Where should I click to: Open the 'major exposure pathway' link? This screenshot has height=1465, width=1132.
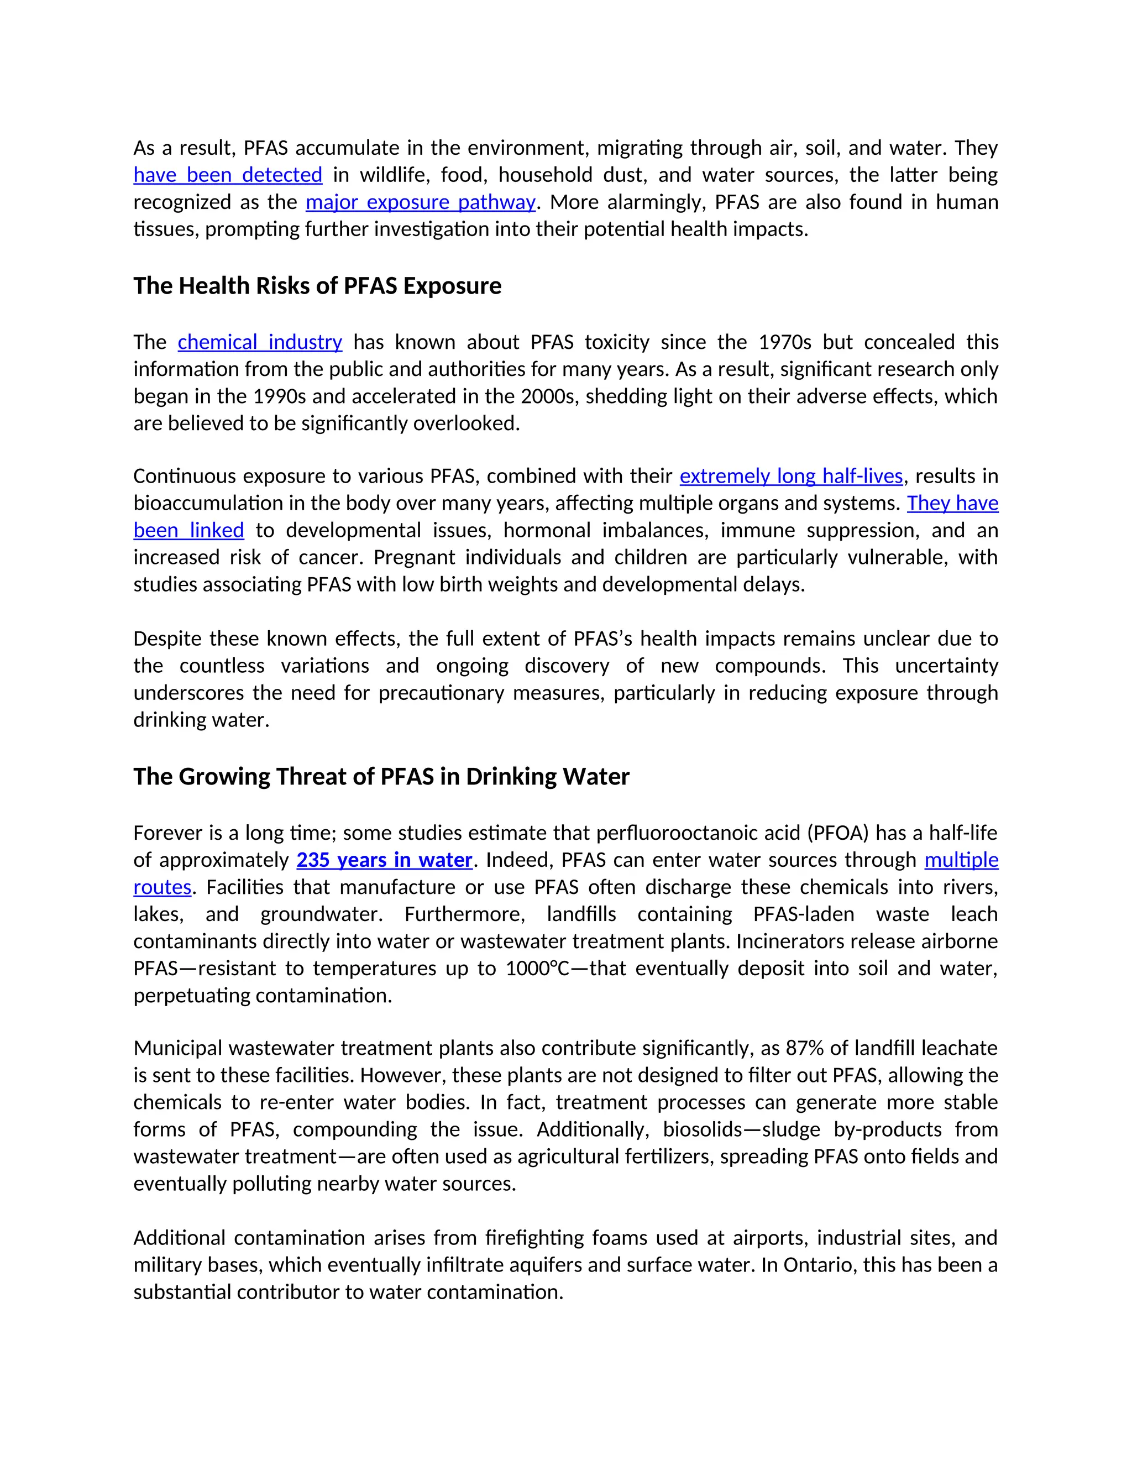pyautogui.click(x=421, y=202)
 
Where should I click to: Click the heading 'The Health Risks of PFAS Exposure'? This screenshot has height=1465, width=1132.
pyautogui.click(x=317, y=286)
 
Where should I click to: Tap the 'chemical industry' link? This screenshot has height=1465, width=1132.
pyautogui.click(x=260, y=342)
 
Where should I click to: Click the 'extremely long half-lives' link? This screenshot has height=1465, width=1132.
pyautogui.click(x=792, y=476)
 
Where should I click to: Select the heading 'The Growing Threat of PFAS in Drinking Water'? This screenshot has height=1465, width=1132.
pyautogui.click(x=381, y=777)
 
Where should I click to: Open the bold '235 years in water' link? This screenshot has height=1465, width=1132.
pyautogui.click(x=384, y=860)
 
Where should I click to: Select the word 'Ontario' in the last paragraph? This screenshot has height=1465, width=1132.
pyautogui.click(x=818, y=1265)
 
